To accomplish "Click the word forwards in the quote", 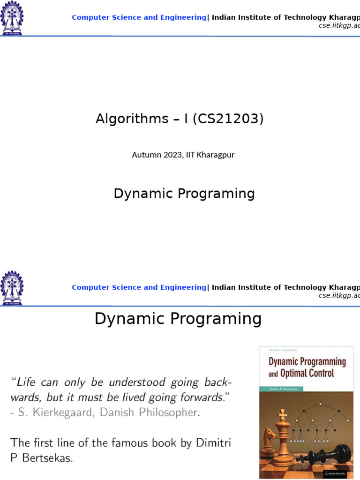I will click(203, 397).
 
